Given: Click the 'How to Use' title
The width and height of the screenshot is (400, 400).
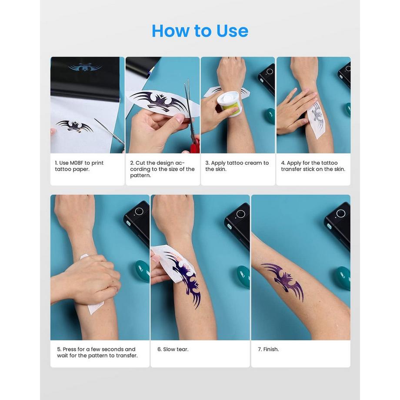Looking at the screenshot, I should (200, 31).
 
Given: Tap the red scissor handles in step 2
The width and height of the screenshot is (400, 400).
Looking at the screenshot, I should (195, 145).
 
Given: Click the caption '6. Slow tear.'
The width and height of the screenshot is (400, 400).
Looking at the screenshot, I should (173, 349).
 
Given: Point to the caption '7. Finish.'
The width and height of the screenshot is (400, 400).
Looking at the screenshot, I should (271, 349).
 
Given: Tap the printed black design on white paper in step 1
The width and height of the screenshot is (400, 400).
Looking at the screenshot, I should (74, 126).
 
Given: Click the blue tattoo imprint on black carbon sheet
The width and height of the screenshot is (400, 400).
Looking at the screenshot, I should (85, 67).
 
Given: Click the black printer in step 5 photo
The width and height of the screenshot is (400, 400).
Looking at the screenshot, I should (137, 222).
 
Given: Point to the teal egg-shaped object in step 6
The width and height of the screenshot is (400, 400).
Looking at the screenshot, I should (243, 277).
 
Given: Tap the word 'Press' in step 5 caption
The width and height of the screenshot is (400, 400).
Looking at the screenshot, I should (71, 349).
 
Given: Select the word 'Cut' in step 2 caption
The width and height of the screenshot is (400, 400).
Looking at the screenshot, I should (140, 163).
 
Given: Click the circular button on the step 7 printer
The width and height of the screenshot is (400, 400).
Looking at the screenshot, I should (340, 213).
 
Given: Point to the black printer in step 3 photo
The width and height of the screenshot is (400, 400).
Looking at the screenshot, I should (267, 78).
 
